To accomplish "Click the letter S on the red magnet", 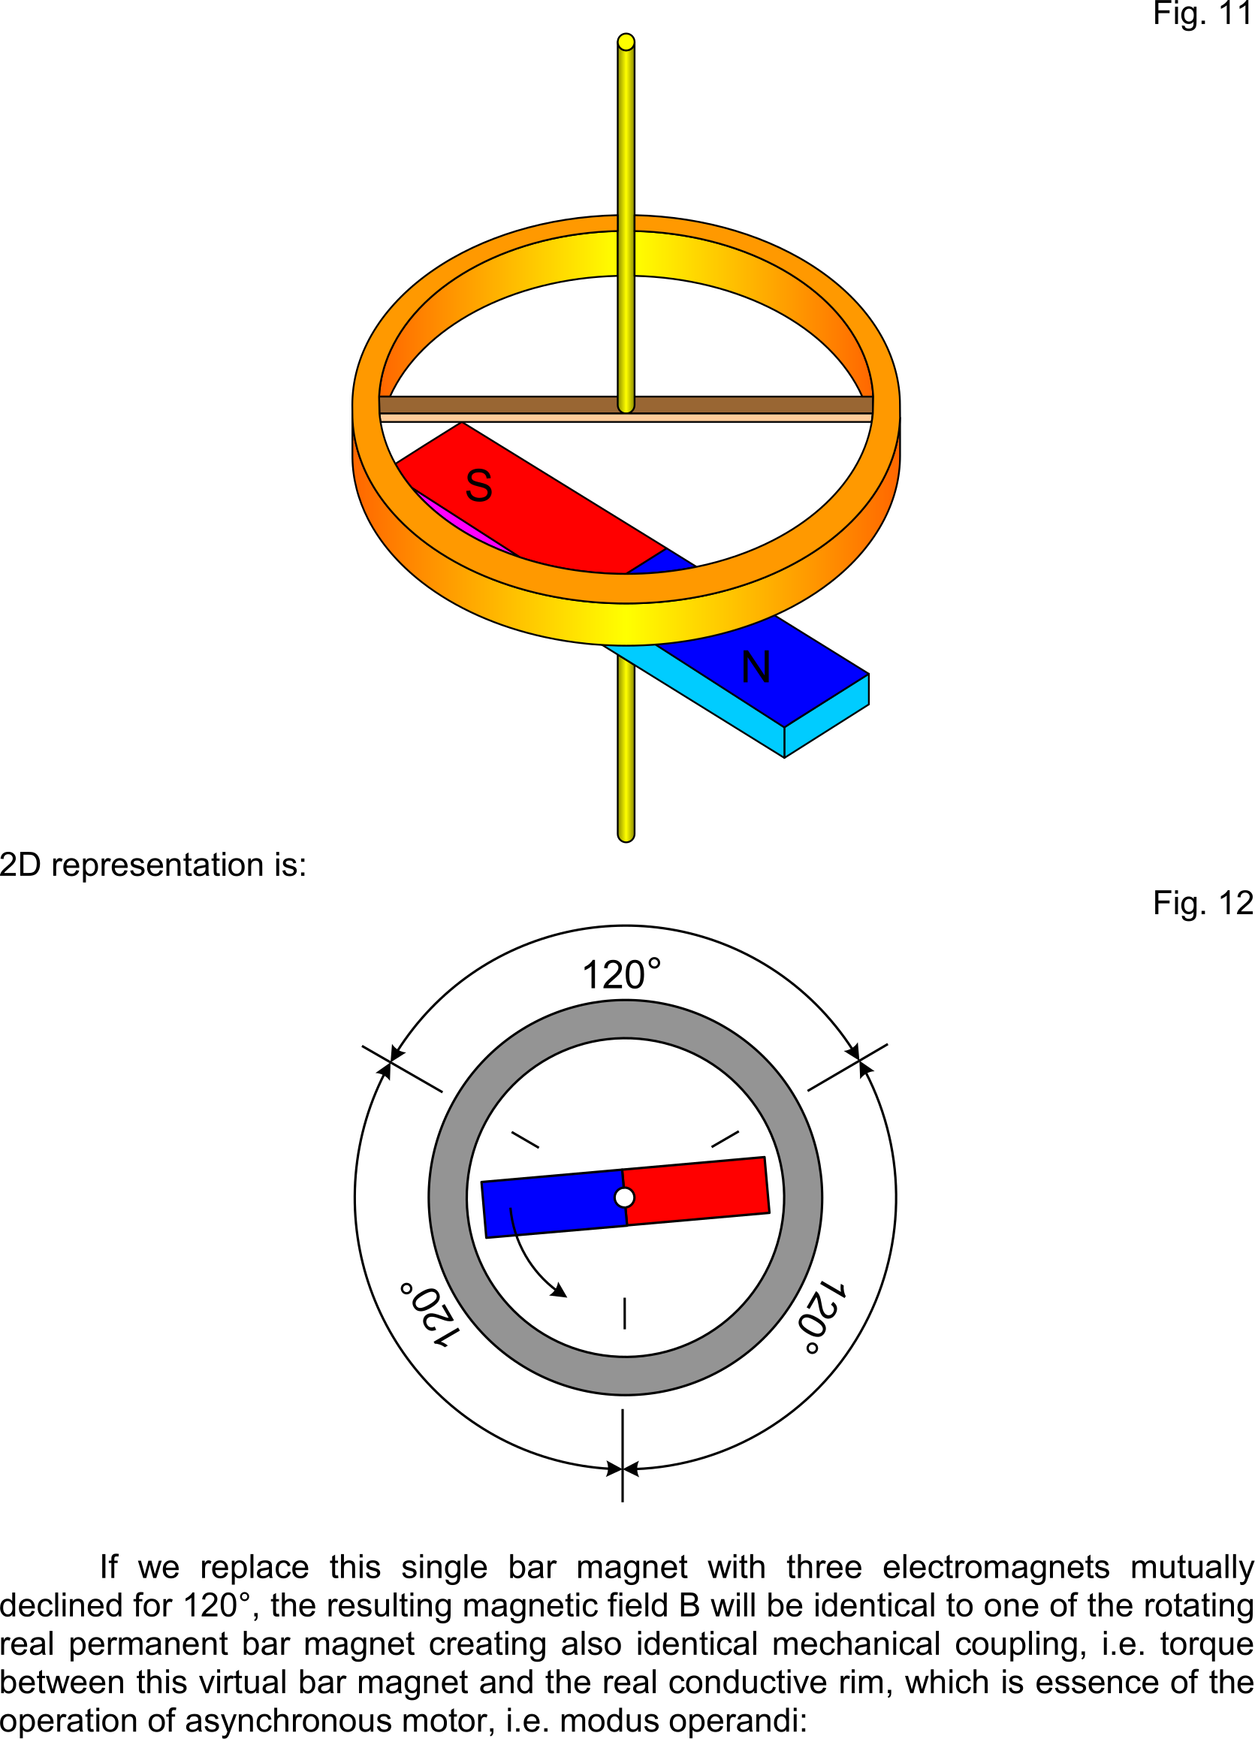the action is click(479, 485).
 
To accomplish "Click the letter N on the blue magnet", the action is click(756, 667).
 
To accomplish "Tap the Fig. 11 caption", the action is click(1203, 14).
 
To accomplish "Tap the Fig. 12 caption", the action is click(1203, 903).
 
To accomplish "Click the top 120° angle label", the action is click(621, 974).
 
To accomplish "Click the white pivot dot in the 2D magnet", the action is click(625, 1197).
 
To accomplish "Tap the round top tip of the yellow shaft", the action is click(626, 41).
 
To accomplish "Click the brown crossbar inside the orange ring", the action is click(626, 405).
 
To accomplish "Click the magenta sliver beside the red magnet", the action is click(465, 521).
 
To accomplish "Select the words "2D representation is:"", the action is click(153, 865).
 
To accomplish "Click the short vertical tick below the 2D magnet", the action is click(625, 1312).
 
